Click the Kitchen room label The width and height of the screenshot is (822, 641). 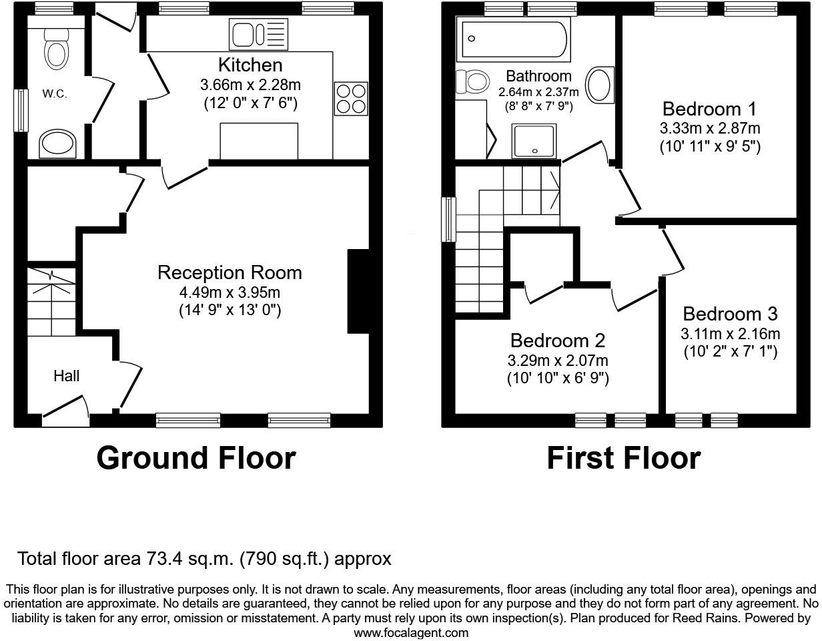point(250,65)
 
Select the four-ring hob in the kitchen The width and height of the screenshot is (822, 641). point(350,98)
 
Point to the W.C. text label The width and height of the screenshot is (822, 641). point(55,94)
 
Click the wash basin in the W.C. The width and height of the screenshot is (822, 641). point(57,144)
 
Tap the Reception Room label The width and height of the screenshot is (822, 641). point(230,272)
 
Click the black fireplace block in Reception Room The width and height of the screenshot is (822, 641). point(358,291)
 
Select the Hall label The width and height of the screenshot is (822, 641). point(67,376)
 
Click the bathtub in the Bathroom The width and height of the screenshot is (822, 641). point(513,39)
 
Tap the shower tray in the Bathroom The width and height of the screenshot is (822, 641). point(533,141)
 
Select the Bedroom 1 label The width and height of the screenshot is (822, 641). point(711,109)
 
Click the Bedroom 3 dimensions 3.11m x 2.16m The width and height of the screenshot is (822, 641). point(730,334)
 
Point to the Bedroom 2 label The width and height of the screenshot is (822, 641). point(558,341)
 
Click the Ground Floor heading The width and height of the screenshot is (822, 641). point(196,458)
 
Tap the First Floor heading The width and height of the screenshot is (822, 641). point(623,458)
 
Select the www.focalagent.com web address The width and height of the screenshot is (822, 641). point(411,632)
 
